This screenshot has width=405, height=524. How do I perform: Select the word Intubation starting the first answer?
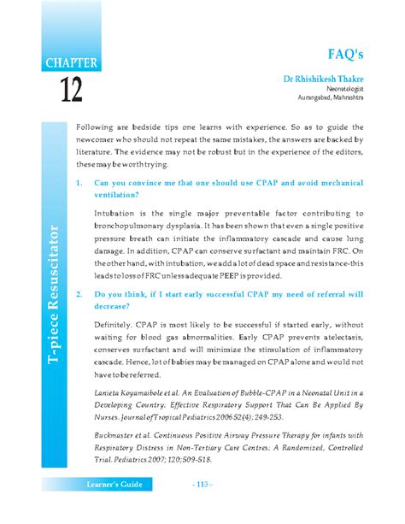[116, 208]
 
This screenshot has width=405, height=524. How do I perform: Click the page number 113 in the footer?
[202, 509]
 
